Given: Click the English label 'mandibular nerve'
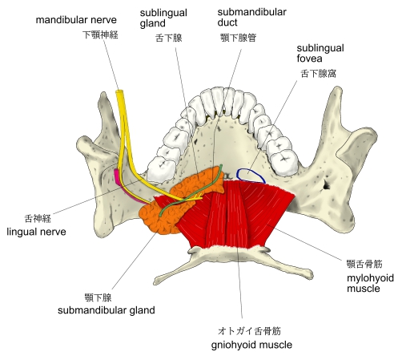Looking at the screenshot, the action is [x=76, y=20].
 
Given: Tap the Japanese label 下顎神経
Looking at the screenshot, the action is [x=100, y=34].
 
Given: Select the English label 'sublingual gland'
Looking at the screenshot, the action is [x=163, y=18].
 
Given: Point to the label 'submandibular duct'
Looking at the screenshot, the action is [x=251, y=17].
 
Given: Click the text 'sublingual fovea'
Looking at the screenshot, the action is [x=320, y=53].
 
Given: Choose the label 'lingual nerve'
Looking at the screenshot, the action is [x=36, y=232].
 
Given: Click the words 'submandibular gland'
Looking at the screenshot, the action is [x=107, y=310].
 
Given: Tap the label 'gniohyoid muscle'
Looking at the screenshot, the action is [x=251, y=345].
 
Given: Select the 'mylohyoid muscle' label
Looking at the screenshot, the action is [x=370, y=283].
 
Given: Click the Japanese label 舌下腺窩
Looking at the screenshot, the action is [x=318, y=74].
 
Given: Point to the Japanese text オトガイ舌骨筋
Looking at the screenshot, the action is [x=249, y=331].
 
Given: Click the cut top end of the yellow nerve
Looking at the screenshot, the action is [x=119, y=92].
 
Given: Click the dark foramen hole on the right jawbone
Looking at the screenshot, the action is [x=327, y=184].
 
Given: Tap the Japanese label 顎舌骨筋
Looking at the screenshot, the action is [x=364, y=264].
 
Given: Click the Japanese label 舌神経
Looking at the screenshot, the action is [x=38, y=219].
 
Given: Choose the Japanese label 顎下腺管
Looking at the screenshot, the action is [x=239, y=38].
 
